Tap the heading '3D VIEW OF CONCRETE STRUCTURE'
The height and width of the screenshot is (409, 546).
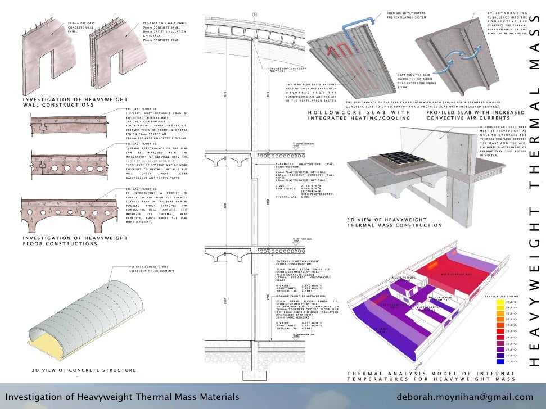83,370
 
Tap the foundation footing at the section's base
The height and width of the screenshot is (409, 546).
254,376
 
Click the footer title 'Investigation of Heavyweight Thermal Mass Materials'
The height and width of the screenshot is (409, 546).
123,397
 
